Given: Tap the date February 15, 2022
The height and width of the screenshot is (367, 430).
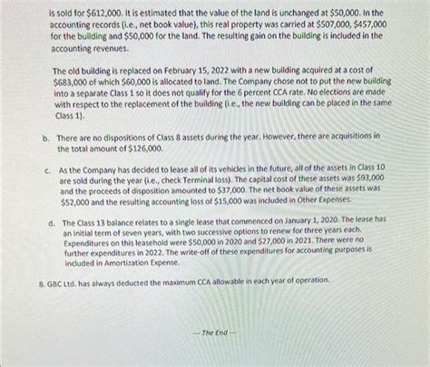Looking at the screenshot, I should click(x=199, y=69).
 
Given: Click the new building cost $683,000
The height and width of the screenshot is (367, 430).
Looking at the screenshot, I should click(x=73, y=80).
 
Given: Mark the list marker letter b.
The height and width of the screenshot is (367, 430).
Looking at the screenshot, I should click(x=45, y=135).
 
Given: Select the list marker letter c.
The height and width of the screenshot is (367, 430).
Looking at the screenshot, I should click(x=45, y=169).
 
